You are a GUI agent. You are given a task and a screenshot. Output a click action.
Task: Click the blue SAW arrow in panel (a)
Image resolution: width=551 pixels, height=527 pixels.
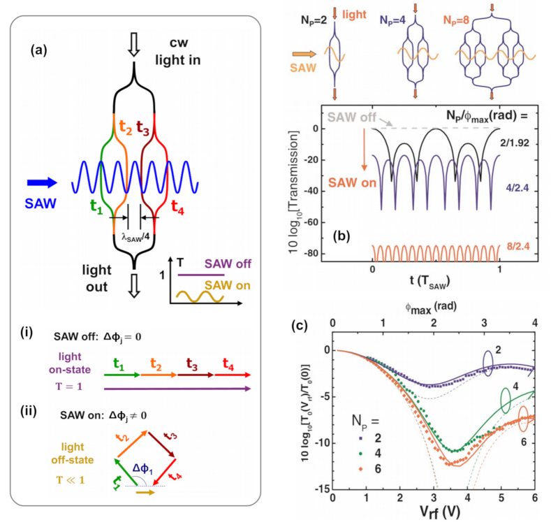coord(45,184)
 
